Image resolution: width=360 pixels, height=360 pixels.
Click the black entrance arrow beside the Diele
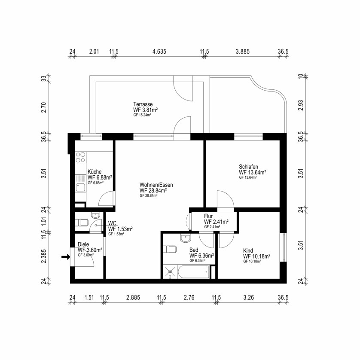tap(65, 257)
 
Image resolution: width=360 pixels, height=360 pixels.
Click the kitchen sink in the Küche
tap(80, 186)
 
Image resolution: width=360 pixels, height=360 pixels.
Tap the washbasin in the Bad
tap(185, 238)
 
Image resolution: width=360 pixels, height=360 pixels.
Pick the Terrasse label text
tap(143, 104)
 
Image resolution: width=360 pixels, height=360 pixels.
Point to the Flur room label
tap(208, 216)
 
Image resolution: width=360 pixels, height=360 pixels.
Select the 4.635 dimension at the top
tap(159, 52)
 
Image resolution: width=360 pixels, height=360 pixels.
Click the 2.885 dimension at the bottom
tap(133, 297)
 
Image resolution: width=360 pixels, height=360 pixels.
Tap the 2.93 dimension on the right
tap(301, 106)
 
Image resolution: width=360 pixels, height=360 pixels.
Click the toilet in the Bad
tap(171, 249)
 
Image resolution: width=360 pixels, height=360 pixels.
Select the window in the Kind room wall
tap(283, 247)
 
